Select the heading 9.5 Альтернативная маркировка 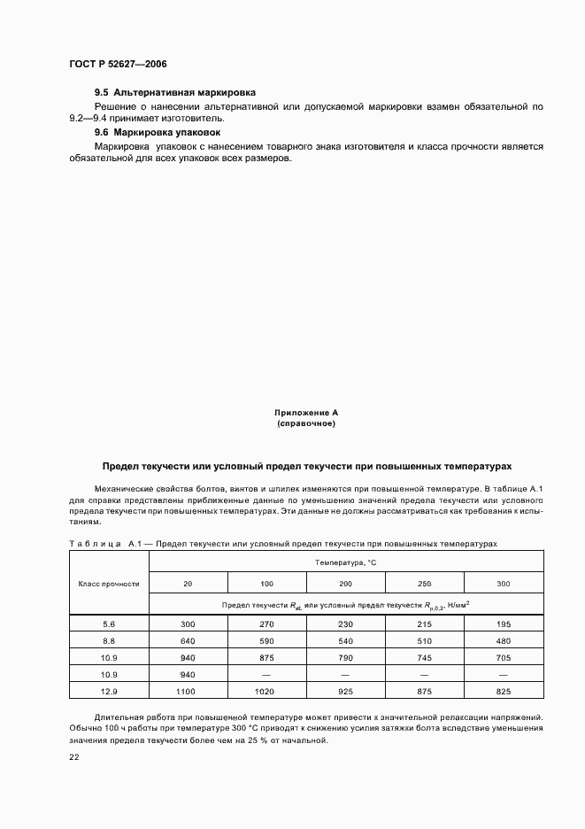(175, 92)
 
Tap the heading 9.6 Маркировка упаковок (158, 132)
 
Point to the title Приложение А (306, 413)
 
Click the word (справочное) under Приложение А (306, 423)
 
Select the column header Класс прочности (110, 584)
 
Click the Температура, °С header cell (346, 562)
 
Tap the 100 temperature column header (267, 584)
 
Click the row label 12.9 (110, 689)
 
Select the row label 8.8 (110, 641)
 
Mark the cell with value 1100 (188, 689)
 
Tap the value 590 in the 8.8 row (267, 641)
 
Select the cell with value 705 (504, 657)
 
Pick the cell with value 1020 (267, 689)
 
